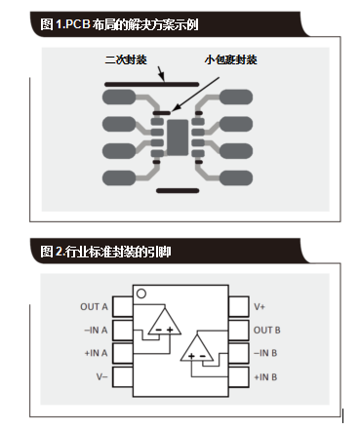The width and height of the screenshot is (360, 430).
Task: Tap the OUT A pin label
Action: pos(94,306)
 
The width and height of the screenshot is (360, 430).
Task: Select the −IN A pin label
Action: pos(95,330)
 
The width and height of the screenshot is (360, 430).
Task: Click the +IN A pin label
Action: pos(95,352)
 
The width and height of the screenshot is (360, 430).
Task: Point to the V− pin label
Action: pos(100,375)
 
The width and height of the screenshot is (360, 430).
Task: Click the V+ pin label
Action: pos(260,306)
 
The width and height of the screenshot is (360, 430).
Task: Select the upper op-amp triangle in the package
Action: pos(162,321)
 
